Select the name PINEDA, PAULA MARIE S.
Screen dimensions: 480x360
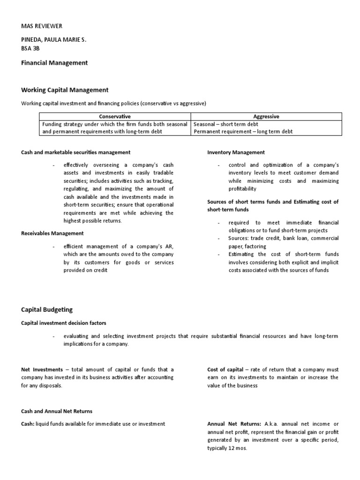point(54,41)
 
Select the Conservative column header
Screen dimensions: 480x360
point(114,116)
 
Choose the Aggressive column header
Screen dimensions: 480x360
point(266,116)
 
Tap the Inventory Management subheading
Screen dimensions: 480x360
point(236,152)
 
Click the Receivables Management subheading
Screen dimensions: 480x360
point(52,233)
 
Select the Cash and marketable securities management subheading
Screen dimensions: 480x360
point(75,152)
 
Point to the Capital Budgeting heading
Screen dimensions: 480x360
point(47,310)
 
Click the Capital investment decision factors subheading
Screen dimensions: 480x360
point(63,323)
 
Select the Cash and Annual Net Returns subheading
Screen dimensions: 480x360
point(57,411)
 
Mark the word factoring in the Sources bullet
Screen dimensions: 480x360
point(255,246)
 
